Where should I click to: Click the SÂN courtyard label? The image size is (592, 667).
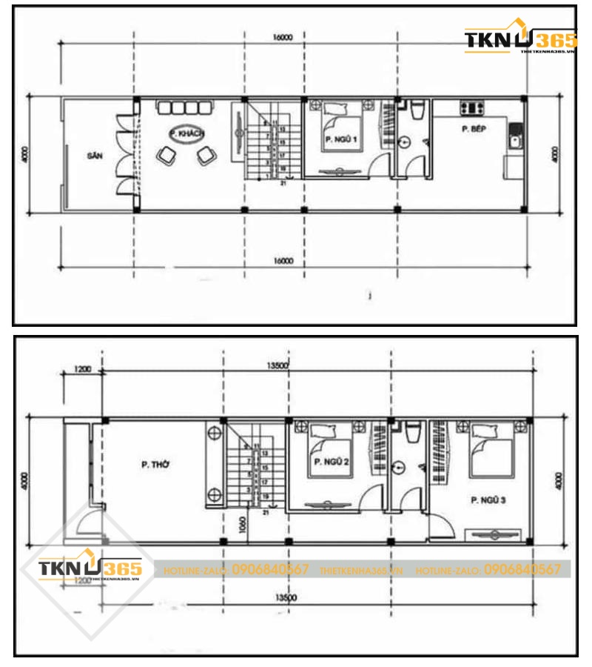[x=93, y=156]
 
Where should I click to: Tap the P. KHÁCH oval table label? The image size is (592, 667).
[x=187, y=134]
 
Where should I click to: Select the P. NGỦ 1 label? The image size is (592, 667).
[x=340, y=139]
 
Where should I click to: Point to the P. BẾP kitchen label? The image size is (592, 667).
[x=471, y=129]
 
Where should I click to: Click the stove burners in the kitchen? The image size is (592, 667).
[x=471, y=108]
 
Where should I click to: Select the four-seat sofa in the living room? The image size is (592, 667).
[x=185, y=108]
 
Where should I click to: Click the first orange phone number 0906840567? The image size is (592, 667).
[x=270, y=569]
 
